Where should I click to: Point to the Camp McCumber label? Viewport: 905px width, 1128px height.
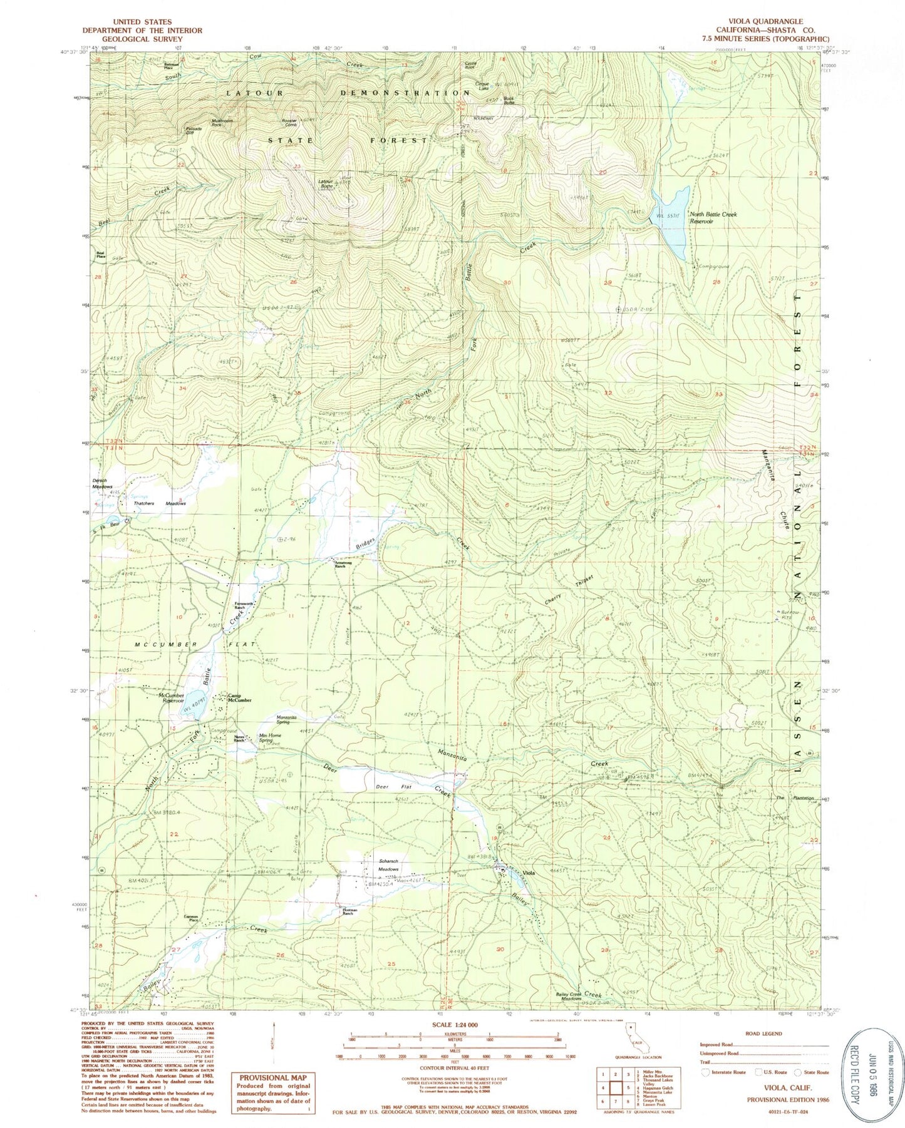coord(239,697)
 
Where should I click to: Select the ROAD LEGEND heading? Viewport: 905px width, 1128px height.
coord(763,1033)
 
